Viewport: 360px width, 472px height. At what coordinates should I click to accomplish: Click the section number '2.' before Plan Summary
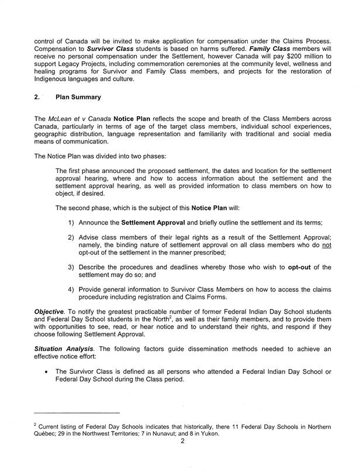tap(37, 98)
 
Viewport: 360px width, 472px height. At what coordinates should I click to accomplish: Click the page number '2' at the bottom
tap(183, 442)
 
